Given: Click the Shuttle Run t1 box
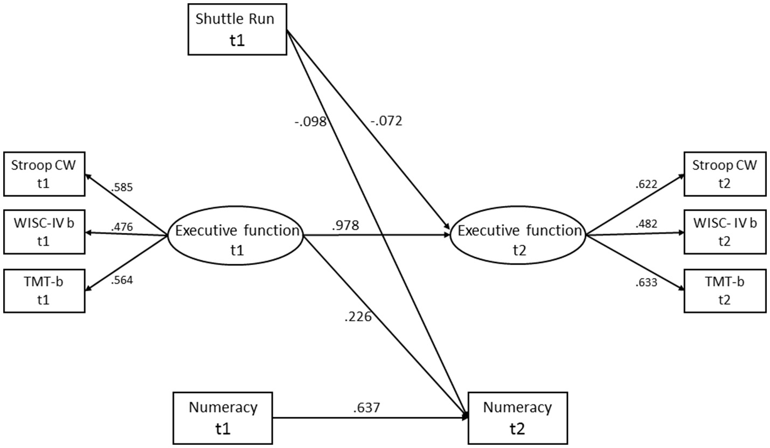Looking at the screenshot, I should pos(237,30).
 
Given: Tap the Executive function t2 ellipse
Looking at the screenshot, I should pos(518,236).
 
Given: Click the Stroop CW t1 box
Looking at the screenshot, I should pos(44,174).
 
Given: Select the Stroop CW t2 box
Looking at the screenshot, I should pos(725,174).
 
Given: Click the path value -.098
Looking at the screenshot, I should pos(311,121).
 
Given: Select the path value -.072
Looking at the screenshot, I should pos(386,121).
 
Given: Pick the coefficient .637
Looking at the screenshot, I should pos(366,408).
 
